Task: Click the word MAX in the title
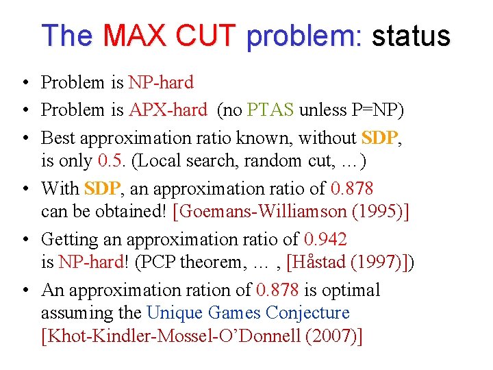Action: point(142,35)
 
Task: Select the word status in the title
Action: point(411,35)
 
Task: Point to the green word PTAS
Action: point(270,110)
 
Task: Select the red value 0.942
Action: point(325,239)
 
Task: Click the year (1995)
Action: point(377,211)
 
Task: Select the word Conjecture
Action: point(307,313)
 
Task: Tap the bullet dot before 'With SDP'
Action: point(24,188)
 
